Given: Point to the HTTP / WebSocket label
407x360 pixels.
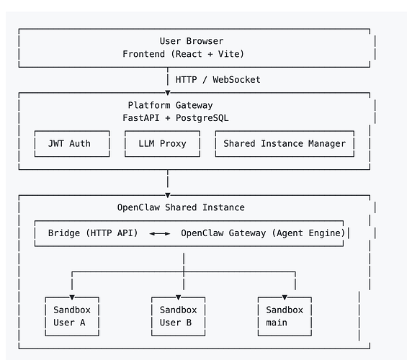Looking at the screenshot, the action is pyautogui.click(x=218, y=80).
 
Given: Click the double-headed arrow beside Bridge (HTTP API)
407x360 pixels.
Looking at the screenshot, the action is pyautogui.click(x=160, y=234).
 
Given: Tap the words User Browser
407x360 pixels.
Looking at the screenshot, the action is pyautogui.click(x=192, y=41).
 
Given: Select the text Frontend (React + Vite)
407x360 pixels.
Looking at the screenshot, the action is pyautogui.click(x=183, y=54).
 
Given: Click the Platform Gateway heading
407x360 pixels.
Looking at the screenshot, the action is pyautogui.click(x=170, y=105).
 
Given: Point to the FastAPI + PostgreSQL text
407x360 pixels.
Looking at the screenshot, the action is pyautogui.click(x=176, y=118).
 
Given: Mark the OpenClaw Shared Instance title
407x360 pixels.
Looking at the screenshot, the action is pyautogui.click(x=181, y=207).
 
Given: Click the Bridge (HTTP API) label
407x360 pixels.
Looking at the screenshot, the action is pyautogui.click(x=93, y=233).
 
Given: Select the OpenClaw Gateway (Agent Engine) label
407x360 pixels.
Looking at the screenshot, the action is pyautogui.click(x=263, y=233).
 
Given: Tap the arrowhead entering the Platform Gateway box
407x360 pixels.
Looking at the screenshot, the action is pyautogui.click(x=168, y=93).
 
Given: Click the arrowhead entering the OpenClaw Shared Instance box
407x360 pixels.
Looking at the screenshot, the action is pyautogui.click(x=168, y=195).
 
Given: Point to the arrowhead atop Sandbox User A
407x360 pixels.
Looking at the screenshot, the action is pyautogui.click(x=72, y=297).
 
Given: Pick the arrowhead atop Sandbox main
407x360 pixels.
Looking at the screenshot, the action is pyautogui.click(x=285, y=297).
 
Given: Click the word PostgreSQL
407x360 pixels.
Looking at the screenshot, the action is pyautogui.click(x=202, y=118).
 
